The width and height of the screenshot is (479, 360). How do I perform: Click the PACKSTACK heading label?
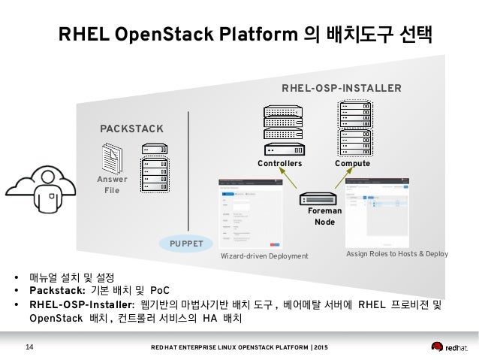pos(131,129)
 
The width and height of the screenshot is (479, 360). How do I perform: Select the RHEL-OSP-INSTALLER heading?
pos(341,89)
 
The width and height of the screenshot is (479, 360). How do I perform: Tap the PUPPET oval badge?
pos(186,244)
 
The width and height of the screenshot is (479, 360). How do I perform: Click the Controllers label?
pos(279,162)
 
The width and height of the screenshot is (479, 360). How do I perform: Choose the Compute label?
pos(352,162)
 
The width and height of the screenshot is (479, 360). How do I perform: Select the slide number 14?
pos(30,346)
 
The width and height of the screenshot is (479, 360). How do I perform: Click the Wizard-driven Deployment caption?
pos(264,256)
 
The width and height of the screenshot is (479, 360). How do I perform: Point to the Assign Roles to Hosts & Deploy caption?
pos(396,254)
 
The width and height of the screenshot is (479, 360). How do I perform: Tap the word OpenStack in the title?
pos(161,35)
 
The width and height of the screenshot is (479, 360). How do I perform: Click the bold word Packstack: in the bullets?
pos(57,290)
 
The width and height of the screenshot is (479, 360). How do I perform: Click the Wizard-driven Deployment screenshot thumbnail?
pos(250,213)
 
